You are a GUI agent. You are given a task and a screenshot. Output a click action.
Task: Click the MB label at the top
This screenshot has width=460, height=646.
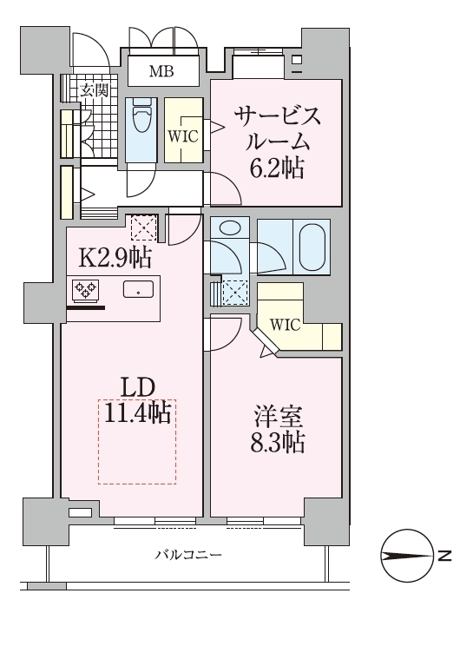[161, 71]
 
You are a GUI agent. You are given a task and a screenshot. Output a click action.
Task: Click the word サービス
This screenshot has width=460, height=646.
[275, 115]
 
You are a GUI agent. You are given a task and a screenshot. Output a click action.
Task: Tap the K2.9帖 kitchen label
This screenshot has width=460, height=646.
[116, 258]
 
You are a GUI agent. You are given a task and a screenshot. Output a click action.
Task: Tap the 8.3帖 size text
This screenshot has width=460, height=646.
[275, 444]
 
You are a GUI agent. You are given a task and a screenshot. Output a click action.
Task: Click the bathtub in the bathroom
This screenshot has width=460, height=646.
[313, 245]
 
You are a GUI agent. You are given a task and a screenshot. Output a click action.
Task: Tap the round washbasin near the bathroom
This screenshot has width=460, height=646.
[228, 228]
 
